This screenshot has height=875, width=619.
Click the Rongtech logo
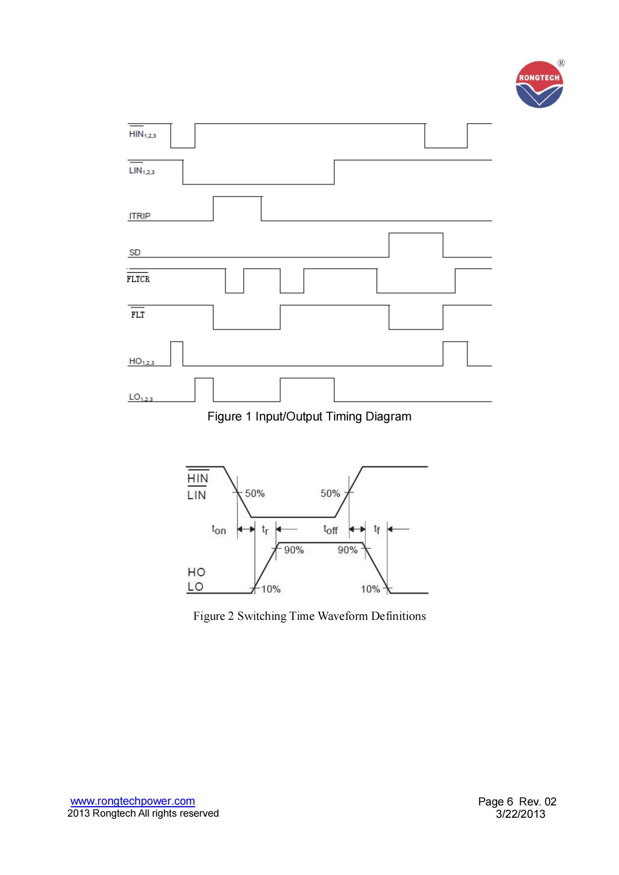(x=539, y=85)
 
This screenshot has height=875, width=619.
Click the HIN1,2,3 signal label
(x=142, y=134)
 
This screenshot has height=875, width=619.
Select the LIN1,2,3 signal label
(x=142, y=171)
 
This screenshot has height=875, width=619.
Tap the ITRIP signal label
(x=140, y=216)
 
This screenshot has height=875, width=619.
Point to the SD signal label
(x=135, y=252)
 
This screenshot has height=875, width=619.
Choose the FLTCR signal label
(x=138, y=279)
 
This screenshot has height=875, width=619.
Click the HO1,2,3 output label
(x=142, y=361)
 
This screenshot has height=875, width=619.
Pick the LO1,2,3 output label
(x=141, y=397)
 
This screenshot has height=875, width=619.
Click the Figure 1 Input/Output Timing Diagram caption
(x=309, y=416)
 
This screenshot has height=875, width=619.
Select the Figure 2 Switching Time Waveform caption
(x=309, y=616)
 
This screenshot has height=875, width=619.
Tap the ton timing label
(x=219, y=529)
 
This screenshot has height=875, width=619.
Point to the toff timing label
(x=330, y=529)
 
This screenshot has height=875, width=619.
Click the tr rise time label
(x=265, y=529)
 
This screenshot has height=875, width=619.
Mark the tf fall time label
(x=376, y=529)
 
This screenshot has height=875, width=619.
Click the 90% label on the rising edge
(x=294, y=550)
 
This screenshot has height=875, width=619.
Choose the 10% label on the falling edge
(x=370, y=589)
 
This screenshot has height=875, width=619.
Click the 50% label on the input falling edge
(x=254, y=493)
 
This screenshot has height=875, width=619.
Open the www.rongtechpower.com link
(x=133, y=801)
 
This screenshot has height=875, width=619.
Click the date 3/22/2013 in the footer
(x=520, y=814)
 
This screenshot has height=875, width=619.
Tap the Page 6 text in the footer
(x=495, y=801)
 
